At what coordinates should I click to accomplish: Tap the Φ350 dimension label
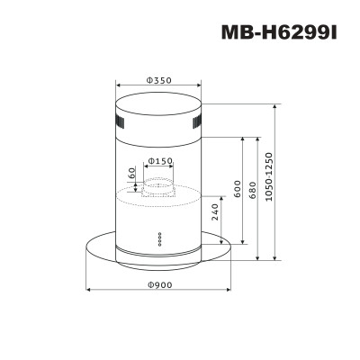pyautogui.click(x=158, y=80)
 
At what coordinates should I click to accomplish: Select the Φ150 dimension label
pyautogui.click(x=160, y=161)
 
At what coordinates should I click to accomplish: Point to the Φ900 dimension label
pyautogui.click(x=159, y=284)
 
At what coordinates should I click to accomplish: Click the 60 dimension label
pyautogui.click(x=132, y=173)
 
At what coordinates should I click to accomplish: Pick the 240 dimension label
pyautogui.click(x=215, y=211)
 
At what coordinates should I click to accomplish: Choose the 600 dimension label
pyautogui.click(x=237, y=189)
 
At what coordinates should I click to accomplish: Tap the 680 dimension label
pyautogui.click(x=253, y=190)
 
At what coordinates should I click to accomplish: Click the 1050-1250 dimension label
pyautogui.click(x=268, y=177)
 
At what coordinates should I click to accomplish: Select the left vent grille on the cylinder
pyautogui.click(x=120, y=122)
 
